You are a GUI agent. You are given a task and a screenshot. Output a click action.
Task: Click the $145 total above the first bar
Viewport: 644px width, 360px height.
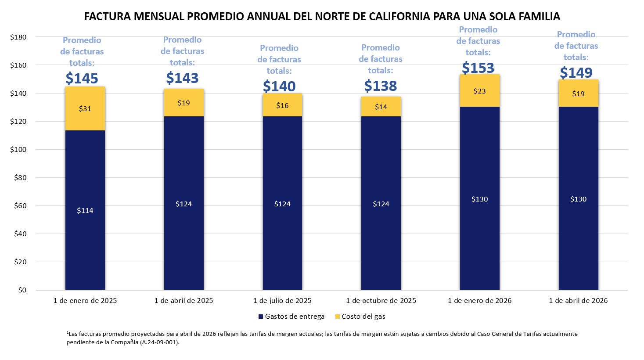pyautogui.click(x=82, y=79)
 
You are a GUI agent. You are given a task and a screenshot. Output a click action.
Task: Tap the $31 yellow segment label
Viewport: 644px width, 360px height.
pyautogui.click(x=85, y=108)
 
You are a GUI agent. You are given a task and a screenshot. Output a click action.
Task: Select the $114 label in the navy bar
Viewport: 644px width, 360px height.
pyautogui.click(x=85, y=211)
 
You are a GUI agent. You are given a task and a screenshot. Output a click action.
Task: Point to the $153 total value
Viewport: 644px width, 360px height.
pyautogui.click(x=478, y=68)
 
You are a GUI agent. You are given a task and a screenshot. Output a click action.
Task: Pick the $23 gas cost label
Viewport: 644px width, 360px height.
pyautogui.click(x=479, y=91)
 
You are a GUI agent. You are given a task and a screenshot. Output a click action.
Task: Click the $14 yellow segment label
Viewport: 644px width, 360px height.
pyautogui.click(x=381, y=107)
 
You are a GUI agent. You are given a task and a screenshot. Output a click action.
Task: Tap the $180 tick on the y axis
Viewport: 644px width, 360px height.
pyautogui.click(x=18, y=37)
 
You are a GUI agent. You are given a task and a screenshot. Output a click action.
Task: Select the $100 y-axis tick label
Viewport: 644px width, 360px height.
pyautogui.click(x=18, y=150)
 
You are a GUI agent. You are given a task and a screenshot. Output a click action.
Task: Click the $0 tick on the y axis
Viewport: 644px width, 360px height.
pyautogui.click(x=22, y=290)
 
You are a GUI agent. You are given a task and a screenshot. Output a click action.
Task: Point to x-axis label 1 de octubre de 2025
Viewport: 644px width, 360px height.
pyautogui.click(x=381, y=301)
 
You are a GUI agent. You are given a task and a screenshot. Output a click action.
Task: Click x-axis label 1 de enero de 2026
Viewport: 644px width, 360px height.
pyautogui.click(x=479, y=301)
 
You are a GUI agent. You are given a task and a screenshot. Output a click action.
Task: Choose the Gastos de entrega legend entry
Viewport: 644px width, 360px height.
pyautogui.click(x=291, y=317)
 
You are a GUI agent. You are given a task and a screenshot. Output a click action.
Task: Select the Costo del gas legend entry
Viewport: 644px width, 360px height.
pyautogui.click(x=360, y=317)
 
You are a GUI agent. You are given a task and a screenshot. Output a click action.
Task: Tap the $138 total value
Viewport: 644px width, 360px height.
pyautogui.click(x=381, y=86)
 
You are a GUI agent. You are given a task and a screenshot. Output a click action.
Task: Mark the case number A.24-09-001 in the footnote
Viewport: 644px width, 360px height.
pyautogui.click(x=159, y=342)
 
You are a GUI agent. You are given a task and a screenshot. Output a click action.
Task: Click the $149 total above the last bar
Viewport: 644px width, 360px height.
pyautogui.click(x=576, y=73)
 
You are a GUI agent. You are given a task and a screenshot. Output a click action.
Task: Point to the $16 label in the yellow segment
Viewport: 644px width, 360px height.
pyautogui.click(x=282, y=106)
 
